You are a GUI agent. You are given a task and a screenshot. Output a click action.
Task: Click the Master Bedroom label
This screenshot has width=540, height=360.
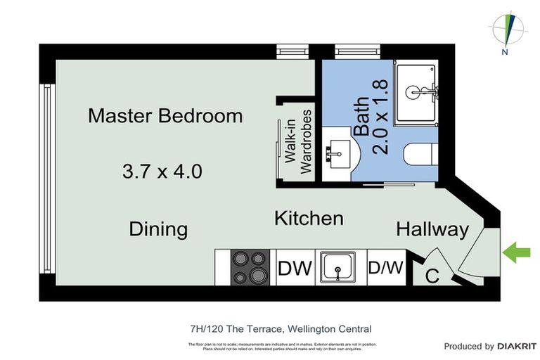tap(165, 116)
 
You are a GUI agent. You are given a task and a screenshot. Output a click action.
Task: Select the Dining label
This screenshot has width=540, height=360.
tap(158, 229)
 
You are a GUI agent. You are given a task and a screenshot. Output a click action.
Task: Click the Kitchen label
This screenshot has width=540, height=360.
tap(309, 218)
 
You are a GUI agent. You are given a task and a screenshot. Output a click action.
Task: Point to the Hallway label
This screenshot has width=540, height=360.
tap(432, 229)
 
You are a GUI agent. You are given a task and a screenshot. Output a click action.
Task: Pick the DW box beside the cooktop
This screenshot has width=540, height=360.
tap(295, 268)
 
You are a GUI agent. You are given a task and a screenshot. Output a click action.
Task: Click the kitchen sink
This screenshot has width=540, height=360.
tap(341, 268)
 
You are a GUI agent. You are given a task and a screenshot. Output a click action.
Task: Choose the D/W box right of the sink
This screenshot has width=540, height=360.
tap(385, 268)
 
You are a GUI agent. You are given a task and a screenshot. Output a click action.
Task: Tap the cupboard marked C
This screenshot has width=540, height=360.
tap(432, 276)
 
